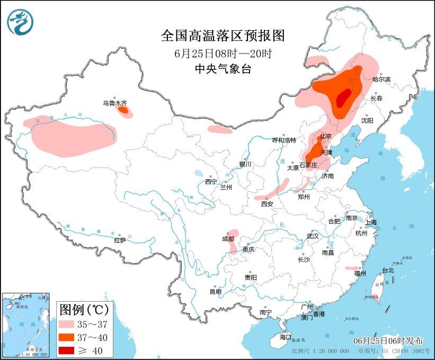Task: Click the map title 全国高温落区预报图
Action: [223, 36]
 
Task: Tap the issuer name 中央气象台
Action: [223, 69]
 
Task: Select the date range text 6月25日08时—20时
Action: [223, 54]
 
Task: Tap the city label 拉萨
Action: [120, 240]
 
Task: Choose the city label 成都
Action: [228, 239]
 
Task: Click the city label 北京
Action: [325, 136]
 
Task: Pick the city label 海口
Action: [286, 337]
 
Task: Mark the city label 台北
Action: [388, 270]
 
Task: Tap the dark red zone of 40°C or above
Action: [343, 98]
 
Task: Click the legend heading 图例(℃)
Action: [84, 309]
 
